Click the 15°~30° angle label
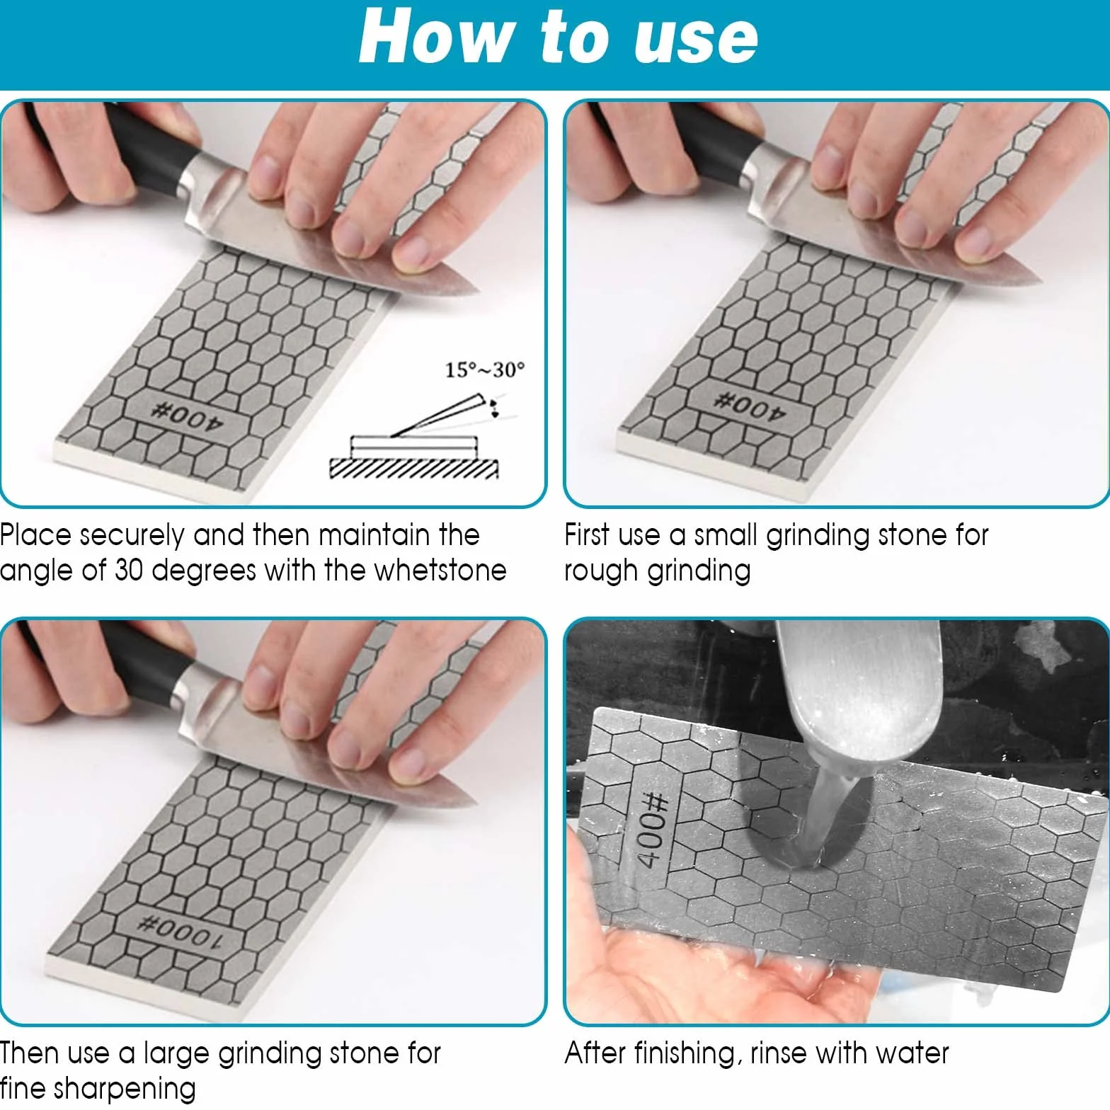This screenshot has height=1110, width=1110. [x=485, y=370]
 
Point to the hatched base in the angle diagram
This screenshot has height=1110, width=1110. [x=414, y=468]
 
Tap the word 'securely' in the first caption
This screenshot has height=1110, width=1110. [x=132, y=536]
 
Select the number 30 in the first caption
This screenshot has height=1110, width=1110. [x=129, y=571]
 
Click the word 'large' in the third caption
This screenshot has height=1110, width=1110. [x=176, y=1055]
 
